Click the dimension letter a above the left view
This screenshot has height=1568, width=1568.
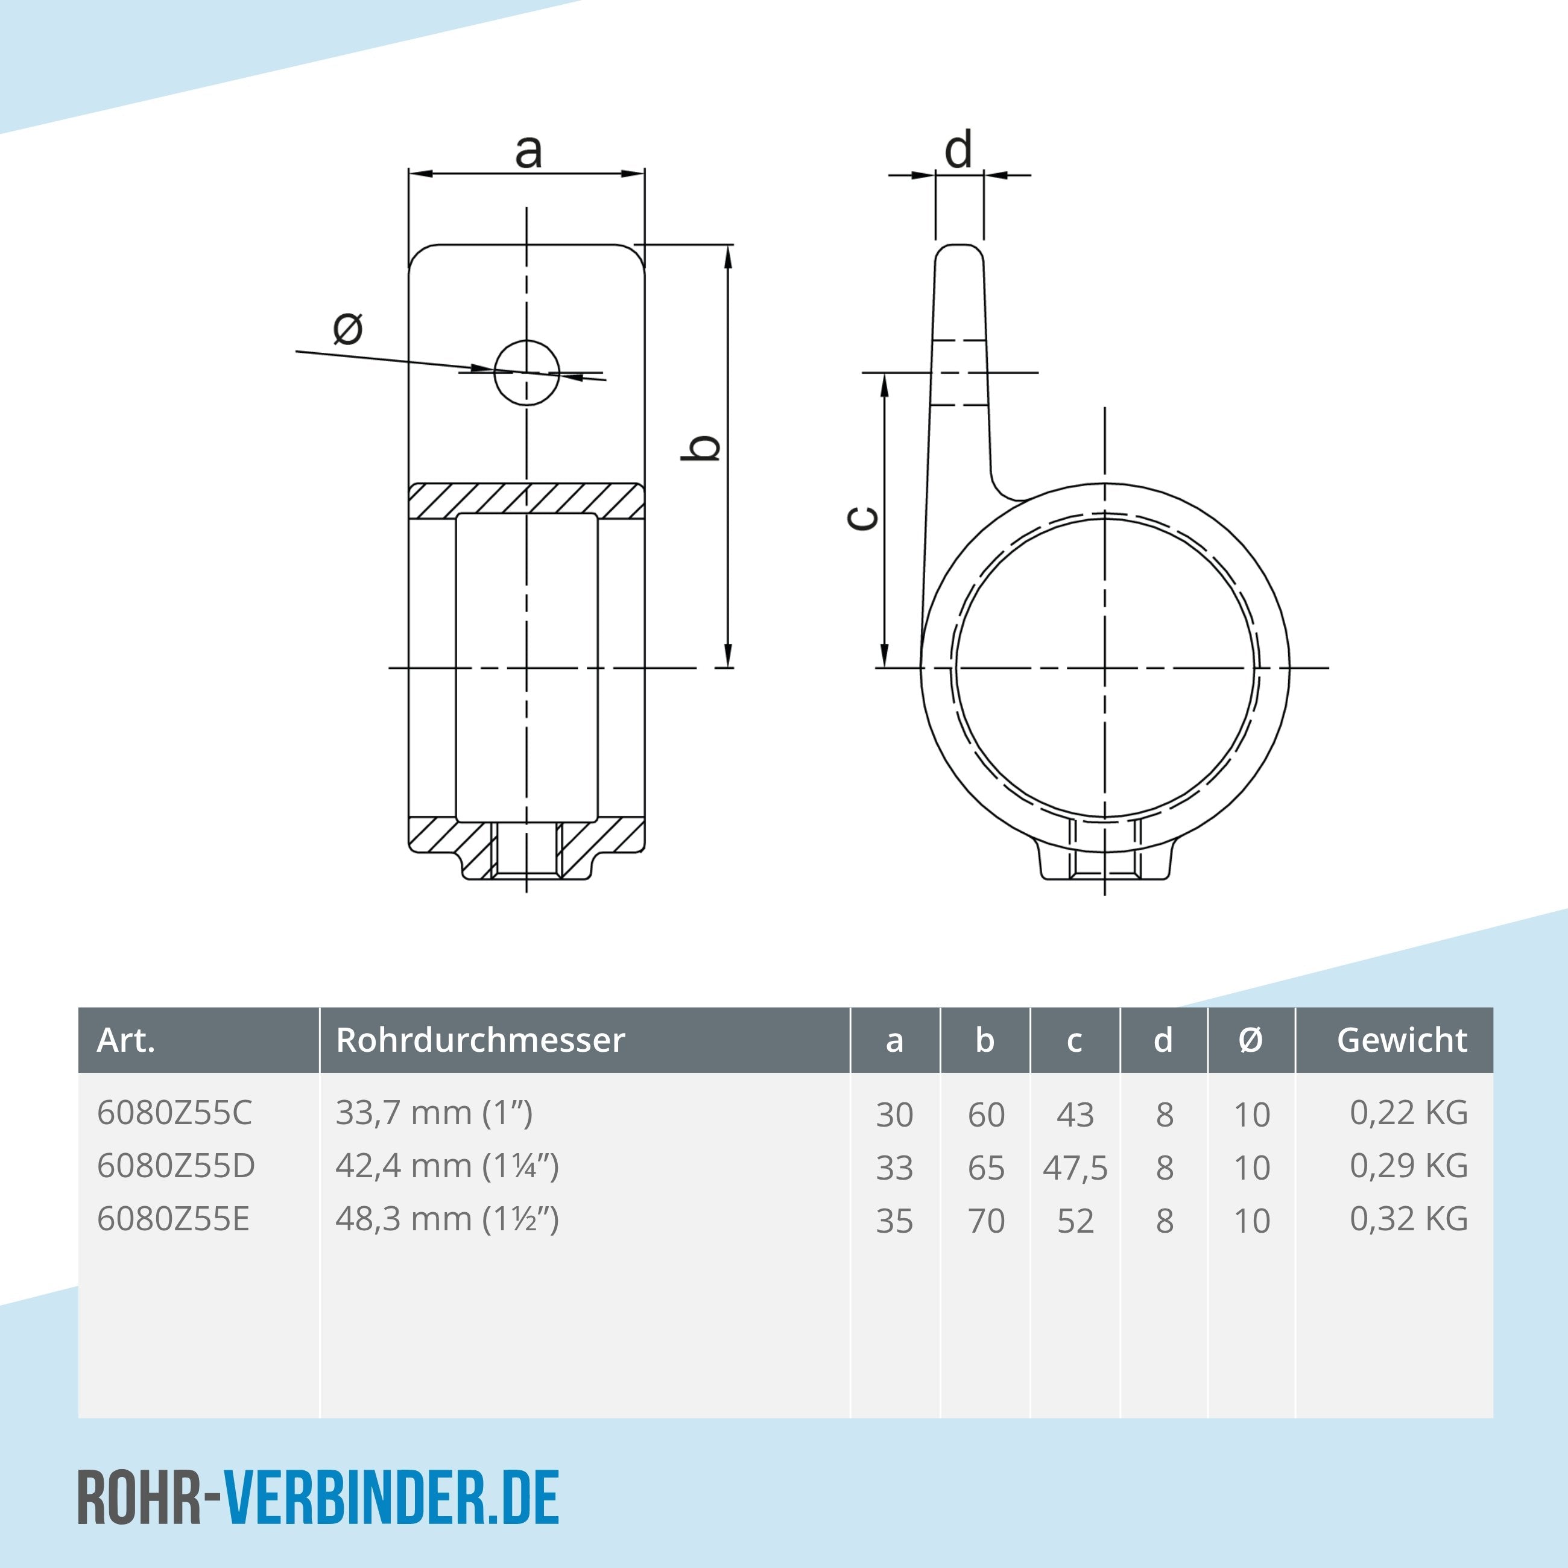coord(528,151)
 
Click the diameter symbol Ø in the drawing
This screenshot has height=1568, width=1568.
coord(348,329)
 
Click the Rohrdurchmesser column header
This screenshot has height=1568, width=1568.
coord(481,1040)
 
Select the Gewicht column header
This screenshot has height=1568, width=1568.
coord(1402,1040)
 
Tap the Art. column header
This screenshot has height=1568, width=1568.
coord(126,1040)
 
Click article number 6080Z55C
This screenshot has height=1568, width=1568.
coord(174,1113)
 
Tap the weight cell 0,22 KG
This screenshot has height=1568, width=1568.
coord(1408,1113)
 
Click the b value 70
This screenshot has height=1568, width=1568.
coord(986,1221)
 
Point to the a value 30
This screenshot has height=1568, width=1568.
coord(894,1115)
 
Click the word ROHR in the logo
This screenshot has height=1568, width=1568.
coord(139,1498)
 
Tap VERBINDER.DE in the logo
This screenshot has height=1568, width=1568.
coord(391,1498)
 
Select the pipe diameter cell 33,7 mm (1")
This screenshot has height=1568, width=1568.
coord(434,1113)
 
